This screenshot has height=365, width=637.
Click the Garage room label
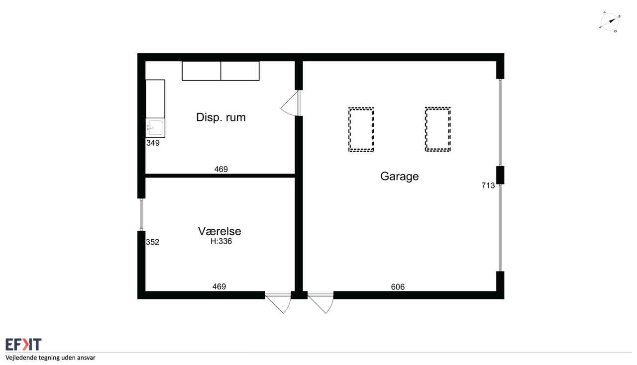click(399, 177)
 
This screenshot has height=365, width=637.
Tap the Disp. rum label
click(220, 117)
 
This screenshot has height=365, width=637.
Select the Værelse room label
click(219, 231)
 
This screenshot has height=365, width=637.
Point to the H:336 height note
click(221, 241)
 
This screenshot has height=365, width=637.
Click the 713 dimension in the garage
click(488, 185)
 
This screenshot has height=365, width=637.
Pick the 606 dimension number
click(398, 287)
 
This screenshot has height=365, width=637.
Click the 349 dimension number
click(153, 143)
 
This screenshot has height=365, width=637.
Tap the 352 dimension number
click(152, 242)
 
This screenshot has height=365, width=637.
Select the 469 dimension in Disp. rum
click(221, 169)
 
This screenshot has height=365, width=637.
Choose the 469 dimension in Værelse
click(219, 286)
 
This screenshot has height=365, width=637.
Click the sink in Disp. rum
click(155, 128)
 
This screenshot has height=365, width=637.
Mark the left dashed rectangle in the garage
click(361, 130)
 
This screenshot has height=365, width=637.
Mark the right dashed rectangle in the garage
click(437, 129)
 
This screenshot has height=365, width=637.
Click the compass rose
click(610, 22)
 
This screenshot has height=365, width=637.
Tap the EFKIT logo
click(23, 345)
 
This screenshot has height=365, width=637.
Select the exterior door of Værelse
click(278, 303)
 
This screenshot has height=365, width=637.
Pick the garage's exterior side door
click(320, 303)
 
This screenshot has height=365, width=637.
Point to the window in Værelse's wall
click(141, 215)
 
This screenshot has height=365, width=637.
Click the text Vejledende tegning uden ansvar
click(50, 358)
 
